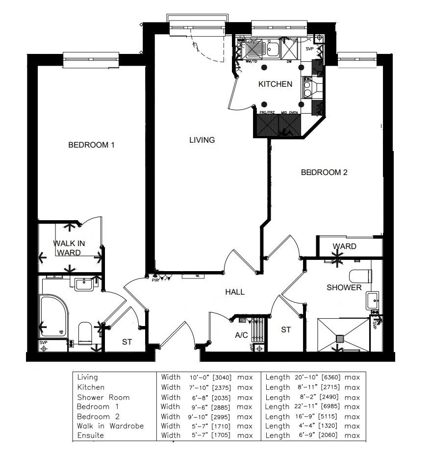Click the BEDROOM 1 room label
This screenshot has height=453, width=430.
[91, 145]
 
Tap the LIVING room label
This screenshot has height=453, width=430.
[202, 140]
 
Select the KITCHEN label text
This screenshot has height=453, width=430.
[275, 84]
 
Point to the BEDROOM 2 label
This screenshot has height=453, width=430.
[324, 173]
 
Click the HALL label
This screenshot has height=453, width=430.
[234, 292]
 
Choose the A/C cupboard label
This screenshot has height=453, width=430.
[241, 336]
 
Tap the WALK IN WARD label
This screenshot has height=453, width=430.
[69, 248]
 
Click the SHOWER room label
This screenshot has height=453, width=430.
[344, 288]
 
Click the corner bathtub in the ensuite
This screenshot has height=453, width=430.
[53, 316]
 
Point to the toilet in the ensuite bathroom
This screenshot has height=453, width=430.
[85, 333]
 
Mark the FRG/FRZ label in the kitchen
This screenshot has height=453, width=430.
[267, 113]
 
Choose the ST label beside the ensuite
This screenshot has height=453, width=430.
[127, 342]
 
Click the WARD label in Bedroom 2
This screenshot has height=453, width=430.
[344, 246]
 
